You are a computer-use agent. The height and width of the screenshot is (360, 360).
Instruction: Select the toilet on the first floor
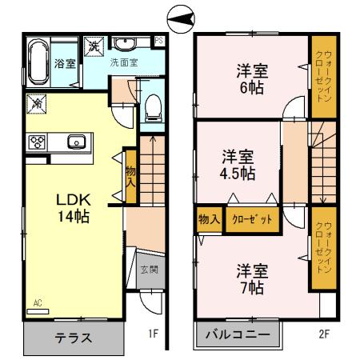pyautogui.click(x=154, y=107)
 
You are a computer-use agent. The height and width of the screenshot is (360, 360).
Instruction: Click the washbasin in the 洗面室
pyautogui.click(x=124, y=45)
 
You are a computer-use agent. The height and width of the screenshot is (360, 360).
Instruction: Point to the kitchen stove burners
pyautogui.click(x=38, y=143)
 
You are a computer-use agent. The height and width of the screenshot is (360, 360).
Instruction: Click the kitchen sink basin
pyautogui.click(x=77, y=143)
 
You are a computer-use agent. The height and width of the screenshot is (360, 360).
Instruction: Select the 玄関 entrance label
pyautogui.click(x=149, y=270)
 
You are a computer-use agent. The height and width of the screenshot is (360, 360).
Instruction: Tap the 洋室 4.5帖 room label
pyautogui.click(x=238, y=163)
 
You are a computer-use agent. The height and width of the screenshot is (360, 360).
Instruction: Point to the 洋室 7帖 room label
pyautogui.click(x=251, y=277)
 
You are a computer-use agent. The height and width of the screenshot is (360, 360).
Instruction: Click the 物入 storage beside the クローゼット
pyautogui.click(x=209, y=219)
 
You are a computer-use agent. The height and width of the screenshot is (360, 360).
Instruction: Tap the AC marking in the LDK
pyautogui.click(x=38, y=302)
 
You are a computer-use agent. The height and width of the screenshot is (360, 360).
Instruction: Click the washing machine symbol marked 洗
pyautogui.click(x=95, y=46)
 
